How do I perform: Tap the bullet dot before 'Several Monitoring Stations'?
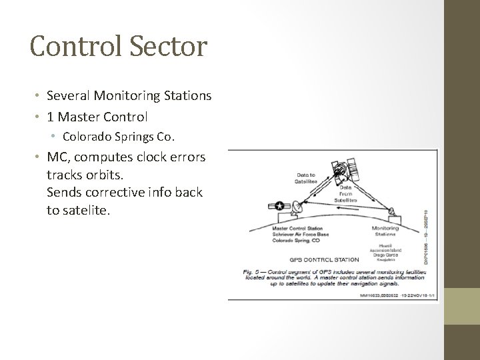coord(39,97)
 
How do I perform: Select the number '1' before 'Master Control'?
coord(51,117)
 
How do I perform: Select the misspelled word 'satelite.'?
coord(78,209)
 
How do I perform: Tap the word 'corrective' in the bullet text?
coord(111,192)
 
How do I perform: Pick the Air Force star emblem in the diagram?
coord(279,207)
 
